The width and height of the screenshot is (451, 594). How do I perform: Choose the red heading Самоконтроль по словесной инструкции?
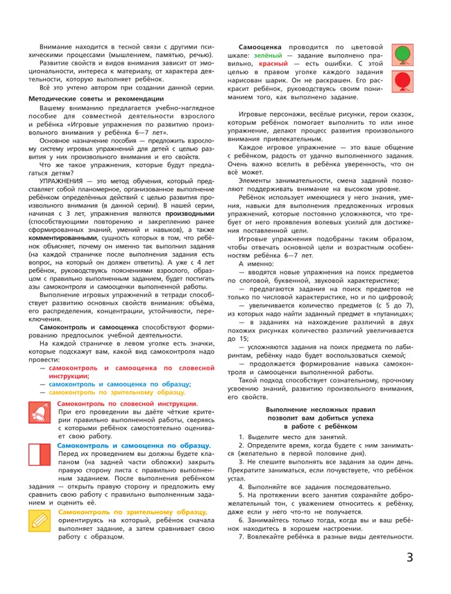126,403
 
